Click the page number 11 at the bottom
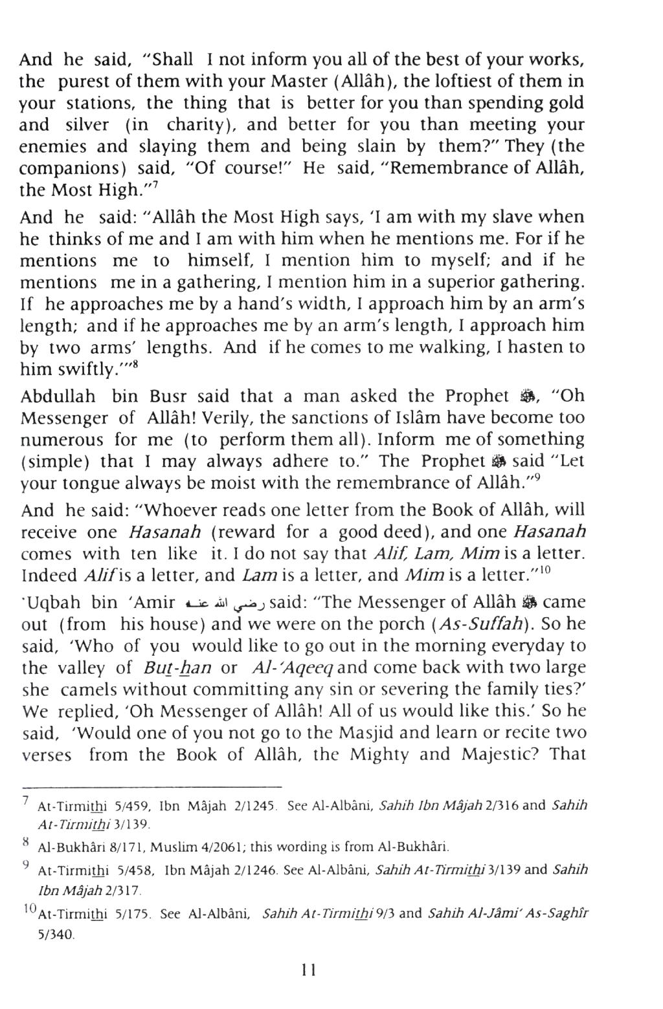click(308, 970)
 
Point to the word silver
click(89, 125)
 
